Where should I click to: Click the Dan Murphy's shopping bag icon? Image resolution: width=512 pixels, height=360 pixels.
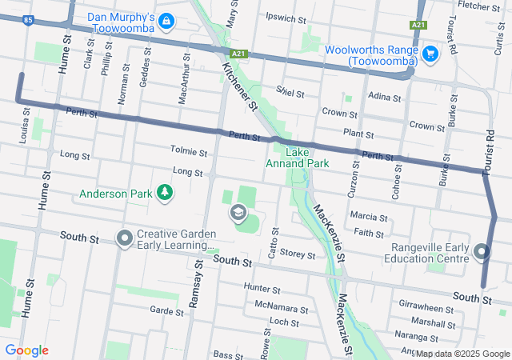point(166,20)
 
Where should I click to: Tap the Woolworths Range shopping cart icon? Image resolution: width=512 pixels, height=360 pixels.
point(430,54)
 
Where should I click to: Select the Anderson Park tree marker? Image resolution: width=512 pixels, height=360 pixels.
point(164,192)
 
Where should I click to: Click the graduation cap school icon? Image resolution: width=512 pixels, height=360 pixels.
point(238,212)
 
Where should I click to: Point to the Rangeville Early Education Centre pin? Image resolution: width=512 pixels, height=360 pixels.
point(482,252)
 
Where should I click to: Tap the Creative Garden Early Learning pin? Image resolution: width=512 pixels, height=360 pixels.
point(124,238)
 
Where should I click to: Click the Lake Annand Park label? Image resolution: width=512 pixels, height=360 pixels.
point(297,158)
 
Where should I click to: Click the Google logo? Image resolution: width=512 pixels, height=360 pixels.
point(26,350)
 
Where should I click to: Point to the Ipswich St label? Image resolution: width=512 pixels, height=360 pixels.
point(286,17)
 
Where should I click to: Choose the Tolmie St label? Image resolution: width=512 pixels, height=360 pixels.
point(189,150)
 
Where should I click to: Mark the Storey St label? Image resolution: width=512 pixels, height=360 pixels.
point(298,255)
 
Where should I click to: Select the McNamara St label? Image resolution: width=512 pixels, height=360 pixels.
point(281,307)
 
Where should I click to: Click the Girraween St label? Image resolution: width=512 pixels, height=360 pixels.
point(426,307)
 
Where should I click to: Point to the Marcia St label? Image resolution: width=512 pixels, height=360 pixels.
point(369,217)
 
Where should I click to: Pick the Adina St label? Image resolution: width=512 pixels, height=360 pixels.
point(383,97)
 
